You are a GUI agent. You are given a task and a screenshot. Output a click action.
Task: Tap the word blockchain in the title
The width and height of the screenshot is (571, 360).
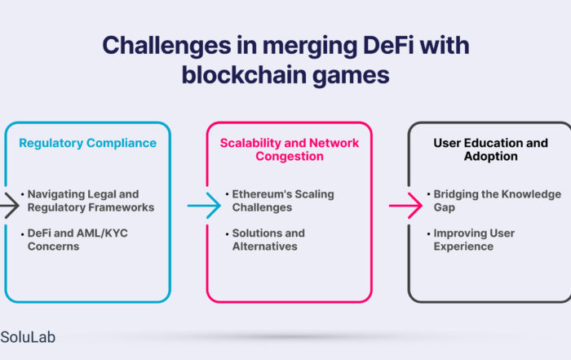pos(244,75)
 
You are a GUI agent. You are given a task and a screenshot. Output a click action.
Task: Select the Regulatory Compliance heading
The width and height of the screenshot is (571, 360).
pos(88,143)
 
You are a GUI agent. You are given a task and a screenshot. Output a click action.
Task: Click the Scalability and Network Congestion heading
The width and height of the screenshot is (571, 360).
pos(290,149)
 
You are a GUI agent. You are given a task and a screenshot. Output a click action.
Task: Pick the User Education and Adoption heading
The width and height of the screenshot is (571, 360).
pos(490,149)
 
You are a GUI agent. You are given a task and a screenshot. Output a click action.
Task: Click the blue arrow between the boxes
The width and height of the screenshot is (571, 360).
pos(204,206)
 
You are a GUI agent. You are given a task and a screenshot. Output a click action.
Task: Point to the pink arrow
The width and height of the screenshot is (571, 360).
pos(405,206)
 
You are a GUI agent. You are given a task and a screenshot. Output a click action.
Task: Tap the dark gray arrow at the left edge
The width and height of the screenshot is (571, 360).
pos(10,206)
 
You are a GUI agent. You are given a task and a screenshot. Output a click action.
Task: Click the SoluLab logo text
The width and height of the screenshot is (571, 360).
pos(28,337)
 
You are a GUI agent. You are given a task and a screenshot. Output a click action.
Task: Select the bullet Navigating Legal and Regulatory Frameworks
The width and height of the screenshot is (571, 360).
pos(88,201)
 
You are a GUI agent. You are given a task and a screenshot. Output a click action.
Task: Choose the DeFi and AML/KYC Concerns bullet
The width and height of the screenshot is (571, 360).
pos(75,240)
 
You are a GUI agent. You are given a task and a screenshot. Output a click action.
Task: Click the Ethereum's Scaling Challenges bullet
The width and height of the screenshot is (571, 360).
pos(280,201)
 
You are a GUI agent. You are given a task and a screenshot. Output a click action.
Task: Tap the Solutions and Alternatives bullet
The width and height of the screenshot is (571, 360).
pos(265,240)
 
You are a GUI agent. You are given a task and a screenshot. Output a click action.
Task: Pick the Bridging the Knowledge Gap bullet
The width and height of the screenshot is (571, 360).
pos(494,201)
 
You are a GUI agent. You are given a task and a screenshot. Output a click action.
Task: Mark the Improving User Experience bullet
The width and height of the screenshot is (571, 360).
pos(471,240)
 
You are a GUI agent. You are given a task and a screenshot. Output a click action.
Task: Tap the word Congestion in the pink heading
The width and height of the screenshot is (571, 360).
pos(290,156)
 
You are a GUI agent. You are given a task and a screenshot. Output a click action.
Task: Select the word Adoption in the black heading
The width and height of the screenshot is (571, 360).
pos(490,156)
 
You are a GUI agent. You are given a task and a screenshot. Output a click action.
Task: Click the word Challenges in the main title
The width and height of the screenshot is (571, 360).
pos(166,47)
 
